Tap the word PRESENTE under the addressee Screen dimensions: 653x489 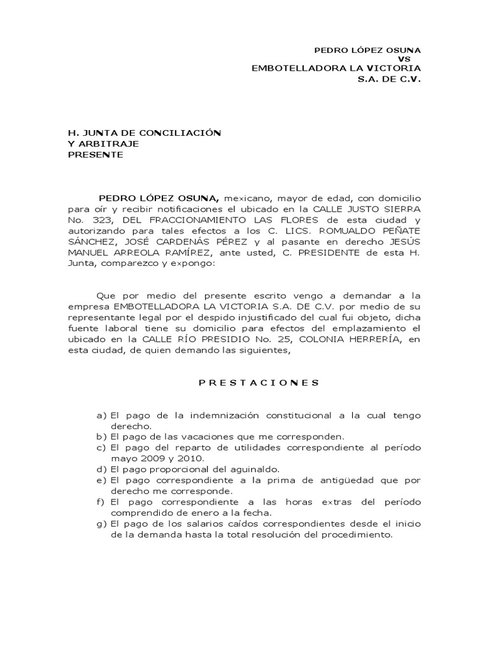(x=96, y=154)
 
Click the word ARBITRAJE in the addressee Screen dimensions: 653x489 (x=108, y=143)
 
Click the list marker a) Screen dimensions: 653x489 (x=101, y=415)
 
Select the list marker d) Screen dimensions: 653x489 (x=101, y=469)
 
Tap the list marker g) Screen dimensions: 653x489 (x=101, y=524)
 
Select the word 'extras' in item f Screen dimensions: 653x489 (x=322, y=502)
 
